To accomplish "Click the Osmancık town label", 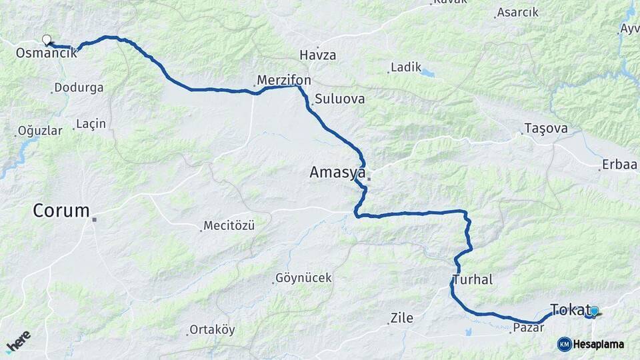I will (46, 53).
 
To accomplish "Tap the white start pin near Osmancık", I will (47, 39).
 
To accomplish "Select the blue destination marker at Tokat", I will (594, 311).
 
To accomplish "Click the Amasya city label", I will (337, 173).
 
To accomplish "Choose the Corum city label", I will (61, 211).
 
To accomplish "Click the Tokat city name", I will (570, 309).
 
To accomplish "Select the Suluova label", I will (341, 99).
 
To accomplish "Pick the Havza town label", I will (318, 55).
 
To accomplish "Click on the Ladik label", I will (407, 67).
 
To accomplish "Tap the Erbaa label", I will (619, 165).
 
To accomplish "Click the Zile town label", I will (402, 319).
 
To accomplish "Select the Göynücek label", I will (304, 278).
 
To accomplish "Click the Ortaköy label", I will (212, 330).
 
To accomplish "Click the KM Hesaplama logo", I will (591, 344).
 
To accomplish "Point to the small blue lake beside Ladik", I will (427, 73).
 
